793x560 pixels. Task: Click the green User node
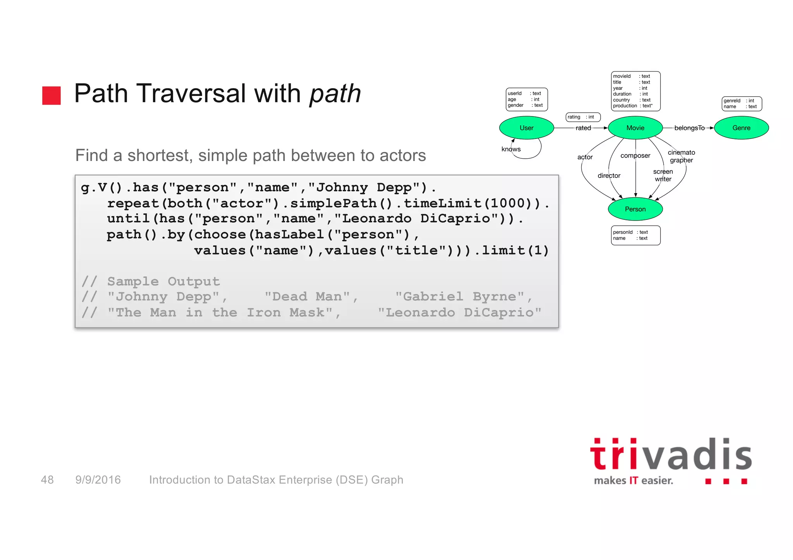tap(526, 128)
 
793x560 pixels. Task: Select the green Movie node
tap(635, 128)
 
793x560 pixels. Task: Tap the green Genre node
tap(741, 128)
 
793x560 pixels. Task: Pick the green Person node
tap(635, 209)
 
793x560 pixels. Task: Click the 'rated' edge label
tap(583, 128)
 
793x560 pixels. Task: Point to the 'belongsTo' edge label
tap(689, 128)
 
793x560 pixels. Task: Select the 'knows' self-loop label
tap(511, 149)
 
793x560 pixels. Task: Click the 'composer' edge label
tap(635, 156)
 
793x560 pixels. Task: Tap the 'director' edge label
tap(609, 176)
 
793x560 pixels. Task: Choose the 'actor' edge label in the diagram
tap(585, 157)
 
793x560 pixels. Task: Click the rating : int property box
tap(583, 117)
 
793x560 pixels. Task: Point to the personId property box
tap(635, 235)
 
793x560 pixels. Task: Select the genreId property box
tap(742, 104)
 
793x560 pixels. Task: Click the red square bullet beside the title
tap(51, 96)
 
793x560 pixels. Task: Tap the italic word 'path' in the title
tap(335, 93)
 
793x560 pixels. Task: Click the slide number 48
tap(47, 480)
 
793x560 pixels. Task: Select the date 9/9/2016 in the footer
tap(98, 480)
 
